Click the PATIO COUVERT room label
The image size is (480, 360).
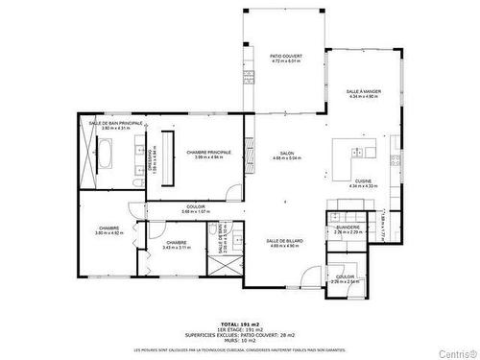(286, 57)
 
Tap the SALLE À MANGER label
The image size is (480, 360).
(364, 91)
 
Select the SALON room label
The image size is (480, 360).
(286, 154)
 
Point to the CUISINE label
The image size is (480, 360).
(363, 180)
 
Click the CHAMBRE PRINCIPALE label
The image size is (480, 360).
(208, 152)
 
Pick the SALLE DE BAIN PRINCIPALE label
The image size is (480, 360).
(116, 123)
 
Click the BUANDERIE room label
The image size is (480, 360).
(348, 227)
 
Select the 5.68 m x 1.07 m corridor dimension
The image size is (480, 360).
(197, 211)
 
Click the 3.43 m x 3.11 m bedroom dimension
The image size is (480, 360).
(176, 248)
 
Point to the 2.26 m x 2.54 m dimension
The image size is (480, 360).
(345, 282)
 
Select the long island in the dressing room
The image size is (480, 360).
(172, 156)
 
